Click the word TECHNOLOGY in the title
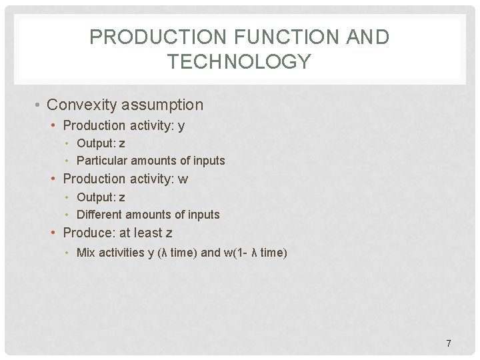click(x=239, y=62)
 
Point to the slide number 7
click(x=448, y=343)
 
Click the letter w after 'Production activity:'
click(x=183, y=179)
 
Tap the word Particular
click(x=102, y=161)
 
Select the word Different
click(x=99, y=215)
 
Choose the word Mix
click(x=86, y=253)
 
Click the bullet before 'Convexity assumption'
click(x=39, y=105)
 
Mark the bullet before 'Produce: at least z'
click(x=55, y=233)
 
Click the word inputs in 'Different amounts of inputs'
click(x=203, y=215)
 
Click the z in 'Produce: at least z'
click(x=169, y=233)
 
